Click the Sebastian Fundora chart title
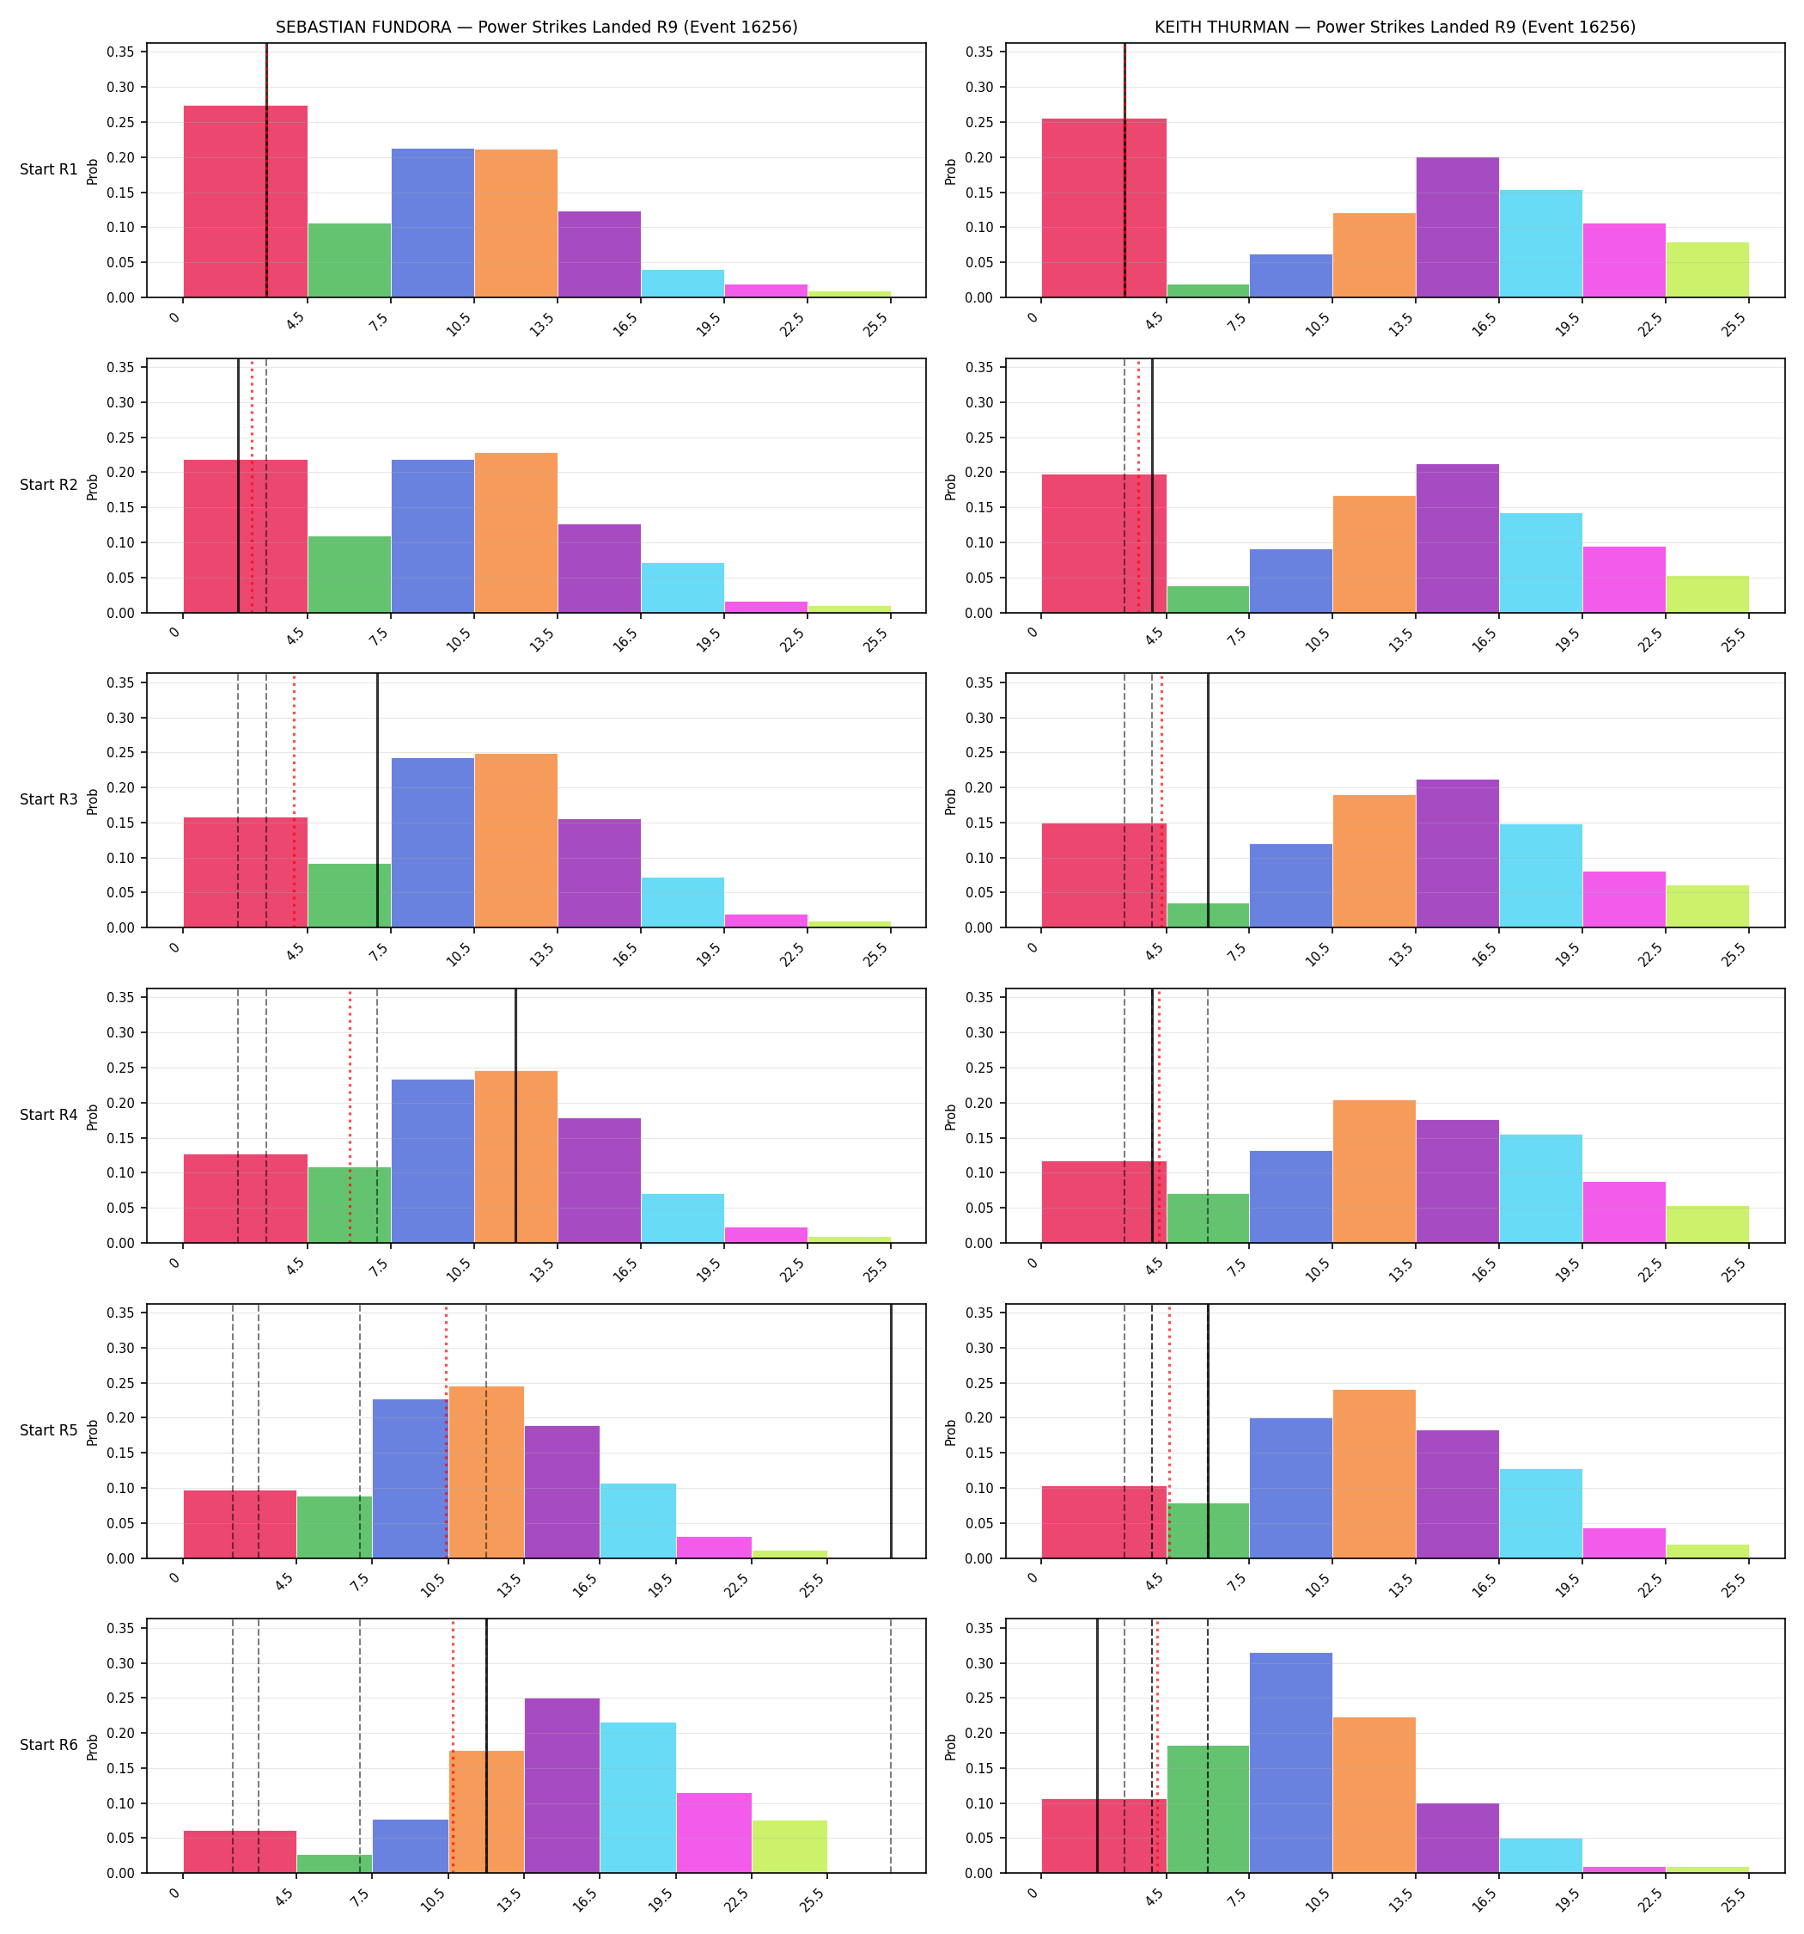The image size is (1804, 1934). [536, 28]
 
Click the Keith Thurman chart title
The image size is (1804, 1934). [1394, 28]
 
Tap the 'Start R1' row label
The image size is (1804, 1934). [49, 169]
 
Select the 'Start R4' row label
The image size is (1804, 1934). [49, 1115]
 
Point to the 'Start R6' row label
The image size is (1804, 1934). [49, 1745]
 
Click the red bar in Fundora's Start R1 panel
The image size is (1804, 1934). [245, 201]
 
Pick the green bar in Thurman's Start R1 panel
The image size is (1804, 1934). [1208, 290]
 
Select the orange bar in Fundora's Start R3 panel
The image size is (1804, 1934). [515, 841]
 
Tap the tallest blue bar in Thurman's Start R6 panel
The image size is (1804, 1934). [1290, 1763]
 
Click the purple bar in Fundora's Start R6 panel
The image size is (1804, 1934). [562, 1786]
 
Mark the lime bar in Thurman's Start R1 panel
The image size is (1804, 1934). [1707, 270]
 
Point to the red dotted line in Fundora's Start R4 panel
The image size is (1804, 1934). [350, 1116]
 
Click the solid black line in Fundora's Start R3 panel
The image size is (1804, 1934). [377, 800]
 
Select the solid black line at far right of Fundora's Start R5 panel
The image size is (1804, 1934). [891, 1431]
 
